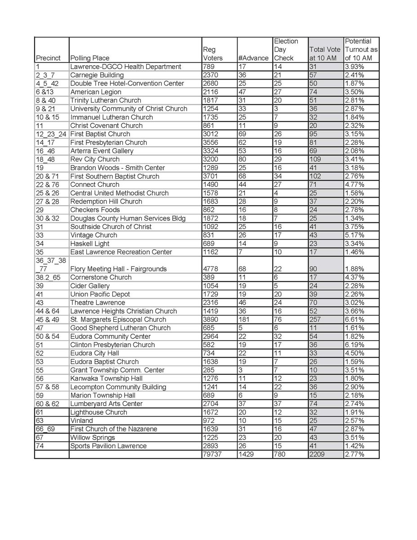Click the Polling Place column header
90,58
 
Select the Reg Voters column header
211,54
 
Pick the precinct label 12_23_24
51,134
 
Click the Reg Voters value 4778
211,269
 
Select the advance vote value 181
246,319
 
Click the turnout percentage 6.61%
354,319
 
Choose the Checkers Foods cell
95,210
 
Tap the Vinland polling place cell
81,421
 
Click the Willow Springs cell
92,437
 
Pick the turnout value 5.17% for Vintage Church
354,235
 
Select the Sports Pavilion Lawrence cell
108,446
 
